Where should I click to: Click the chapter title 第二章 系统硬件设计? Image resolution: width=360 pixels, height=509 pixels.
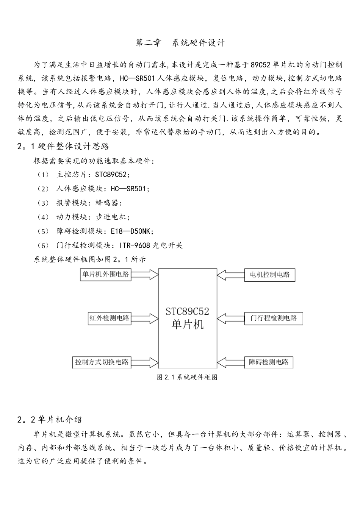[x=180, y=43]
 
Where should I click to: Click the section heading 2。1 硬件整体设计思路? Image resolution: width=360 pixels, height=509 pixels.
[x=64, y=146]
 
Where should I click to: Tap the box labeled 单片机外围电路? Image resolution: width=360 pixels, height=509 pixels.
[x=106, y=274]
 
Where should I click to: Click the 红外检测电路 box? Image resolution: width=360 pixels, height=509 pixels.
[x=109, y=318]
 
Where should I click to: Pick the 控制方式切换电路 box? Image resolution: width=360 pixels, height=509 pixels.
[x=102, y=362]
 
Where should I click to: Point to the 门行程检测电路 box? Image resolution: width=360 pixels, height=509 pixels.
[x=273, y=318]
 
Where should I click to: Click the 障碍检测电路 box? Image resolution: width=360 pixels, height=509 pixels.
[x=268, y=362]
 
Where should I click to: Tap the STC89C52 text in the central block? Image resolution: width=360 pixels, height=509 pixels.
[x=188, y=311]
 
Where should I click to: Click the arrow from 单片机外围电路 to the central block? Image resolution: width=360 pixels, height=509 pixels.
[x=145, y=274]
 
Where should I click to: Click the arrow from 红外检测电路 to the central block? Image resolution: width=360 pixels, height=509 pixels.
[x=145, y=318]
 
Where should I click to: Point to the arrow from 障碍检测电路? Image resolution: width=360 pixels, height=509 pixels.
[x=231, y=362]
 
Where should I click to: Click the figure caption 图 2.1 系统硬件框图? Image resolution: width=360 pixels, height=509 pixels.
[x=187, y=377]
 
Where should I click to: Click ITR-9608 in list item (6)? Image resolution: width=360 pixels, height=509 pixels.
[x=135, y=245]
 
